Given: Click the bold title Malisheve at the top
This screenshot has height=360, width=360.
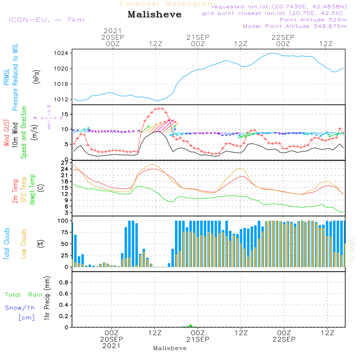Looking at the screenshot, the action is pos(154,14).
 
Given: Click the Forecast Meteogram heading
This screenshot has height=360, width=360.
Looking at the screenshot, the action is pos(168,4).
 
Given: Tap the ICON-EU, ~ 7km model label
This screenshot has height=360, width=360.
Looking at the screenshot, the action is pos(46,20).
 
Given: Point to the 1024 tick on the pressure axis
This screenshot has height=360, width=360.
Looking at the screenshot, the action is pos(61,53).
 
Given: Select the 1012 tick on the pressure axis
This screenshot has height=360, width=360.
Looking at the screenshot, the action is pos(61,100).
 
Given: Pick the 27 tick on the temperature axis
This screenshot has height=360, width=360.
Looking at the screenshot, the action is pos(65,163).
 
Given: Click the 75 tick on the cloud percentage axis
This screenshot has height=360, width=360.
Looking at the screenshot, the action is pos(65,232).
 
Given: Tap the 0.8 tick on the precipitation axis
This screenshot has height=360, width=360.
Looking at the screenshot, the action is pos(64,282).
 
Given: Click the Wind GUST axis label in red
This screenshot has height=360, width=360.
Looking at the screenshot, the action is pos(6,133).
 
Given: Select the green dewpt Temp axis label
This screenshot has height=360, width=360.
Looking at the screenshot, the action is pos(32,189).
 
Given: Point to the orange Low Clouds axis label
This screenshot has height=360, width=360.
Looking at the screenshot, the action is pos(24,244).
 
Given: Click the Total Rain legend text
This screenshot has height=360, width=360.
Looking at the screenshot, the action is pos(24,295).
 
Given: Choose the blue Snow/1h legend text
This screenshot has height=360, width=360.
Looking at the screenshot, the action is pos(20,308).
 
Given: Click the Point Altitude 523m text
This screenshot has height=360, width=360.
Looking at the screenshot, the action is pos(314,20).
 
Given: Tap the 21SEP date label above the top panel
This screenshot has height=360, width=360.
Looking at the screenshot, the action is pos(198,37).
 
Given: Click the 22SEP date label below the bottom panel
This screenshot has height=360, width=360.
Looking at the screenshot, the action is pos(284,339).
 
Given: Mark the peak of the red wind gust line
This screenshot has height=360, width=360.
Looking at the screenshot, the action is pos(159,109).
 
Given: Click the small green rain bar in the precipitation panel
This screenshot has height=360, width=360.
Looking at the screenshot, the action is pos(190,326).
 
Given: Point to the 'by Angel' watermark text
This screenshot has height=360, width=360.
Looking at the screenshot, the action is pos(352,249).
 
